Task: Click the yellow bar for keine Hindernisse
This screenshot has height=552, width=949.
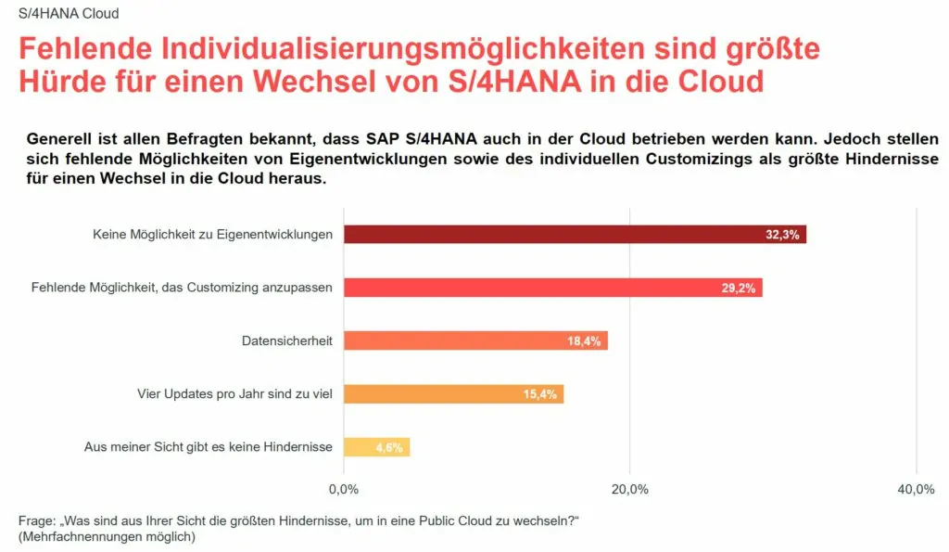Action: click(x=361, y=447)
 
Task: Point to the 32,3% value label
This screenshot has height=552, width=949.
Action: click(x=782, y=235)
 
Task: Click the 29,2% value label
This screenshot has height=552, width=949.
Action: click(x=739, y=288)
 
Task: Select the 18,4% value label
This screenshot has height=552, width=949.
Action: click(x=584, y=341)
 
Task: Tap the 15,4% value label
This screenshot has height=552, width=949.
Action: click(x=539, y=394)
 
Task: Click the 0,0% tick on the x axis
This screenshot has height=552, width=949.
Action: click(x=344, y=489)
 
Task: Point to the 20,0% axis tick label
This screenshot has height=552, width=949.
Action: click(x=630, y=489)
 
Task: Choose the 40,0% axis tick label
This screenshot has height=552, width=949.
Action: click(x=916, y=489)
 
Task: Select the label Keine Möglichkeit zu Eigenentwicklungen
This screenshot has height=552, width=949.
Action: click(x=212, y=235)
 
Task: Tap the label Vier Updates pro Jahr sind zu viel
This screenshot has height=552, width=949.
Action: click(x=234, y=394)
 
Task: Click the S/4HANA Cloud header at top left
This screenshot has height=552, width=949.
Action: click(x=69, y=14)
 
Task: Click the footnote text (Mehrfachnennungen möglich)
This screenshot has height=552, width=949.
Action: click(x=107, y=536)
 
